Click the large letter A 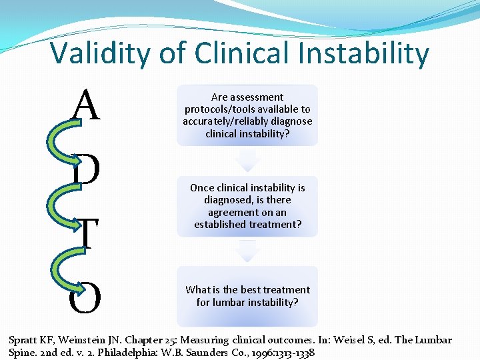pos(87,105)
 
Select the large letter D pos(87,171)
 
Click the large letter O pos(85,297)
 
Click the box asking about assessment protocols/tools pos(247,115)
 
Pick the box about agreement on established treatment pos(247,206)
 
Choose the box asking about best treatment pos(247,296)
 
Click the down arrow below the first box pos(247,160)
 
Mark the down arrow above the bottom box pos(247,251)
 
